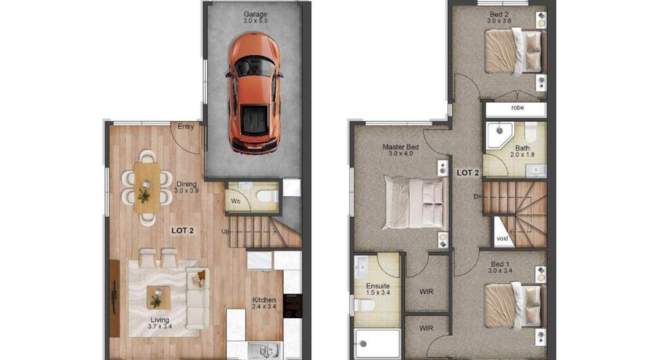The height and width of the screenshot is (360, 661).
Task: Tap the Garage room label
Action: [x=256, y=14]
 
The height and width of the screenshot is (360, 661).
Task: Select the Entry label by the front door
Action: [x=187, y=127]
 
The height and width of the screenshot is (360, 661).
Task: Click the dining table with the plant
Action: [x=145, y=187]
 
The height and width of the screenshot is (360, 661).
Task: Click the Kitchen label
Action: [x=264, y=300]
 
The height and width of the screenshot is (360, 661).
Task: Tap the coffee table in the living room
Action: [x=157, y=298]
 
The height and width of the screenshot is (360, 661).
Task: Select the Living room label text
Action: [x=159, y=320]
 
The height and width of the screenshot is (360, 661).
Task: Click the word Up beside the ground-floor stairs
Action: [x=226, y=233]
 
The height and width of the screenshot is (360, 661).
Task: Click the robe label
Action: [x=516, y=109]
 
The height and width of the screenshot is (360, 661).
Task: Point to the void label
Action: [x=502, y=239]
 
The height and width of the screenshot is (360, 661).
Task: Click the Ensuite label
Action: [x=377, y=286]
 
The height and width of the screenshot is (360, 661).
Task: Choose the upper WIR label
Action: [x=426, y=292]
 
